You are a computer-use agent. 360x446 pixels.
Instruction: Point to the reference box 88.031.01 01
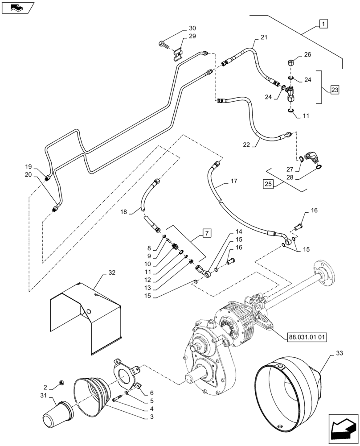click(304, 337)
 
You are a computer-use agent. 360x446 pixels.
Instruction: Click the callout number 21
click(264, 37)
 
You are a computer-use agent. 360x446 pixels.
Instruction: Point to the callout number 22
click(246, 145)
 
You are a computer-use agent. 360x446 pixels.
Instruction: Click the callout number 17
click(234, 182)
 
